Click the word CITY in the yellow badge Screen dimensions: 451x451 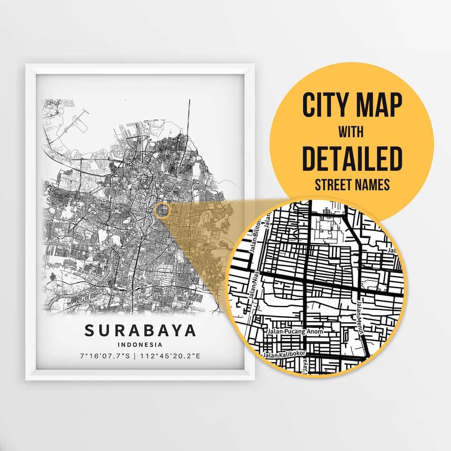coord(326,105)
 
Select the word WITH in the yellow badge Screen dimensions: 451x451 coord(351,132)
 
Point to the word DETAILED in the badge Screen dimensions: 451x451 coord(352,159)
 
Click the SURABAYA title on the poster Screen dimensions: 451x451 coord(140,330)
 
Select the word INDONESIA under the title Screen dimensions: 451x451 coord(140,345)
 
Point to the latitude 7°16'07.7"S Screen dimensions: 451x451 coord(105,356)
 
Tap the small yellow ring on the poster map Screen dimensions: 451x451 coord(162,211)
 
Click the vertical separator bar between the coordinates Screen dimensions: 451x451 coord(136,356)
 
